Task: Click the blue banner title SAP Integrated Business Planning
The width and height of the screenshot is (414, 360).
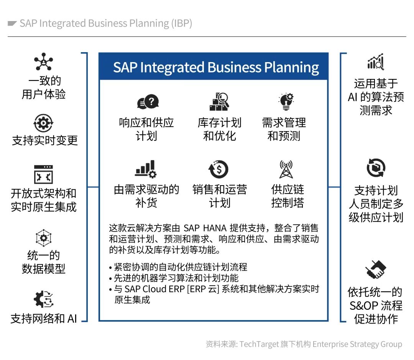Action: (x=216, y=67)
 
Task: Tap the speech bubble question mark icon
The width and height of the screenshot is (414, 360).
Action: (x=148, y=102)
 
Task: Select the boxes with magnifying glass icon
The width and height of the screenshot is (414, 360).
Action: (x=219, y=102)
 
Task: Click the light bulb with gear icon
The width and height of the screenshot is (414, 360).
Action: (x=285, y=102)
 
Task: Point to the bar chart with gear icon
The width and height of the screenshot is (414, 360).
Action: (x=146, y=169)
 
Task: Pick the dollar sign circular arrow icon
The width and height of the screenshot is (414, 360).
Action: (x=219, y=169)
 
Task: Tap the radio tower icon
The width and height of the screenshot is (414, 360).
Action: (x=286, y=169)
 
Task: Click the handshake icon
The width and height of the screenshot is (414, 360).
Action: (x=375, y=270)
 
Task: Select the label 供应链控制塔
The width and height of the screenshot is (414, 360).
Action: (x=287, y=196)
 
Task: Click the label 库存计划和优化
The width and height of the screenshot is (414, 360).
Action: (x=219, y=129)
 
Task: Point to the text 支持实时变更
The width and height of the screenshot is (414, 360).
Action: (x=45, y=140)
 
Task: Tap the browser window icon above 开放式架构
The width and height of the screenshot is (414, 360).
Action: (x=43, y=174)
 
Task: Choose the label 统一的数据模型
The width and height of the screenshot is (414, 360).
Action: (x=43, y=262)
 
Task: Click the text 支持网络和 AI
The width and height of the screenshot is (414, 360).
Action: (x=44, y=319)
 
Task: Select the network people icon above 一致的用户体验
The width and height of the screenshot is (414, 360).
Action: (x=43, y=61)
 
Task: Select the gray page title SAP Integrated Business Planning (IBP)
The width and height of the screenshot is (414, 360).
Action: (x=106, y=23)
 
